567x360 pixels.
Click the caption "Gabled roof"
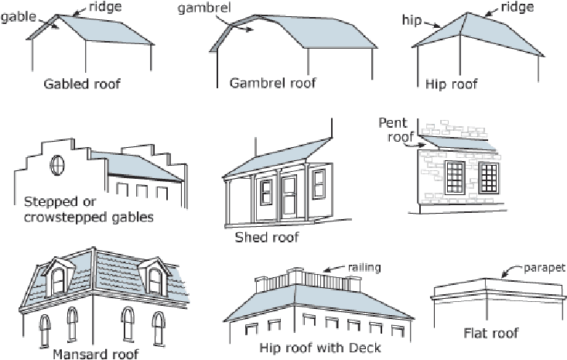(x=81, y=84)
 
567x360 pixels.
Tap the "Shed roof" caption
(x=266, y=238)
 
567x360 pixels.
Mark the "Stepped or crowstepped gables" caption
(x=87, y=209)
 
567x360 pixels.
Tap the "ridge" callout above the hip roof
(x=517, y=7)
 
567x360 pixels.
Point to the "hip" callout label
(x=411, y=16)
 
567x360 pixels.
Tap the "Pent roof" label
(x=395, y=129)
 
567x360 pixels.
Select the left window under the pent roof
(x=454, y=177)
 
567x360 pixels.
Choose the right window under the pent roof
(x=489, y=177)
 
